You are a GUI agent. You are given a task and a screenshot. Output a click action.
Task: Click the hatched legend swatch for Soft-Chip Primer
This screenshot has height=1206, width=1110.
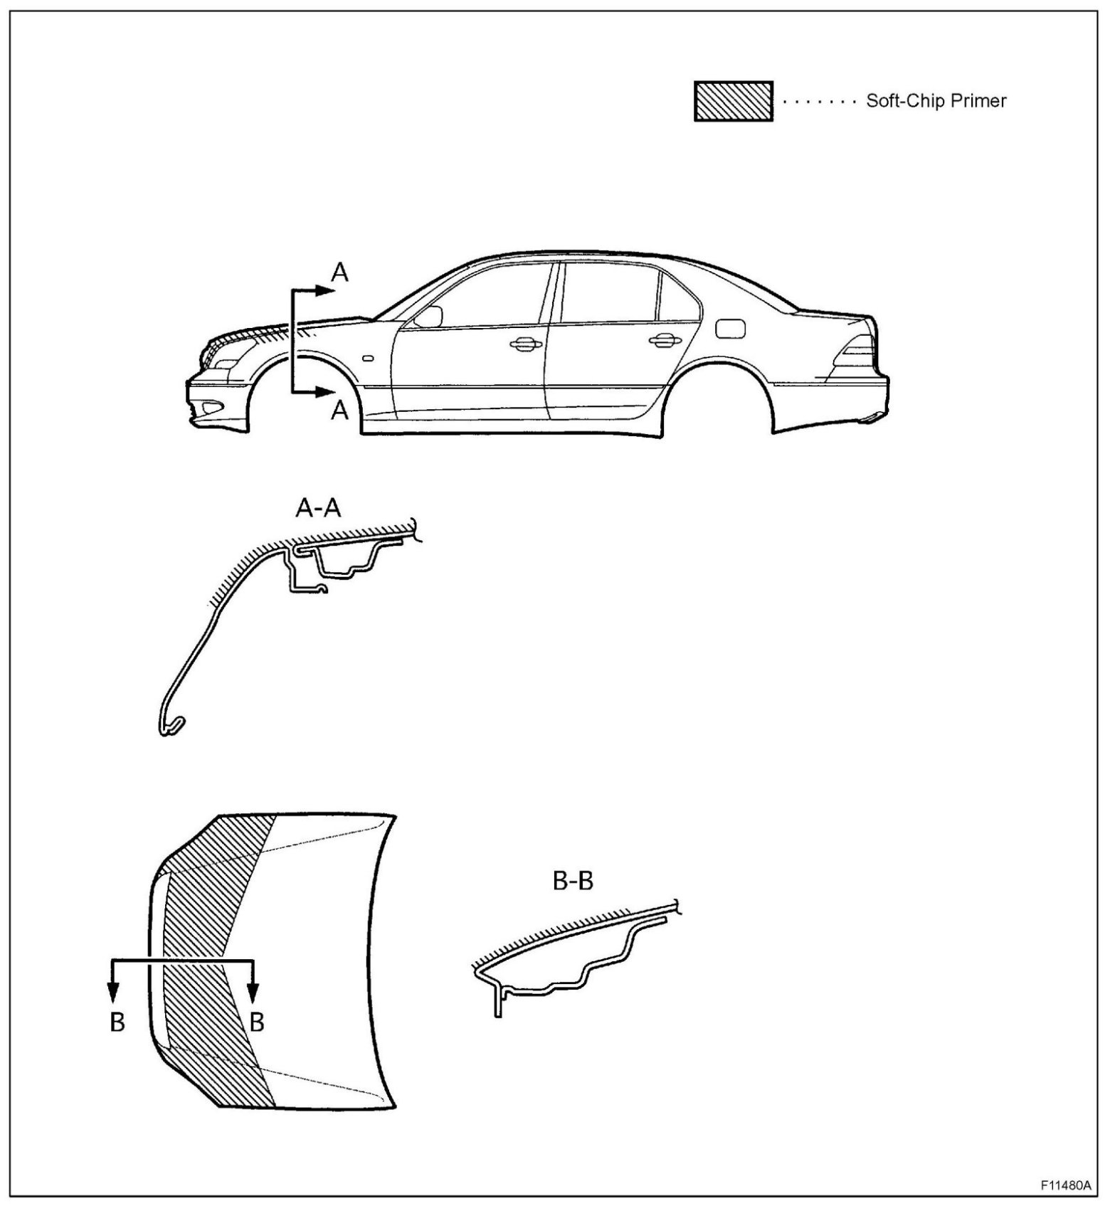[x=733, y=101]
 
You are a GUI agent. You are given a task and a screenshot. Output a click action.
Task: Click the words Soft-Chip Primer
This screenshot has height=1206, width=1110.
[x=936, y=101]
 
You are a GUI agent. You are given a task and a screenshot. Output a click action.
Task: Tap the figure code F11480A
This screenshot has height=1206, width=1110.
[x=1064, y=1186]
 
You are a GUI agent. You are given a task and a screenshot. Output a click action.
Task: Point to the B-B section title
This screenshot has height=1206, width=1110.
[x=573, y=881]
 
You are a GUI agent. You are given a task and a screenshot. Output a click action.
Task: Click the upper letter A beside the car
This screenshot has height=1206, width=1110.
[x=341, y=272]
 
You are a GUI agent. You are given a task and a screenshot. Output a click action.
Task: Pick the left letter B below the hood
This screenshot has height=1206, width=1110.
[x=117, y=1022]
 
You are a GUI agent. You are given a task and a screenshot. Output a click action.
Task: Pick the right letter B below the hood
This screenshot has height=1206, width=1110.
[x=257, y=1022]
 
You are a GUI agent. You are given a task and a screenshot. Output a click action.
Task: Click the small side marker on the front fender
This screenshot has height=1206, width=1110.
[x=367, y=359]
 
